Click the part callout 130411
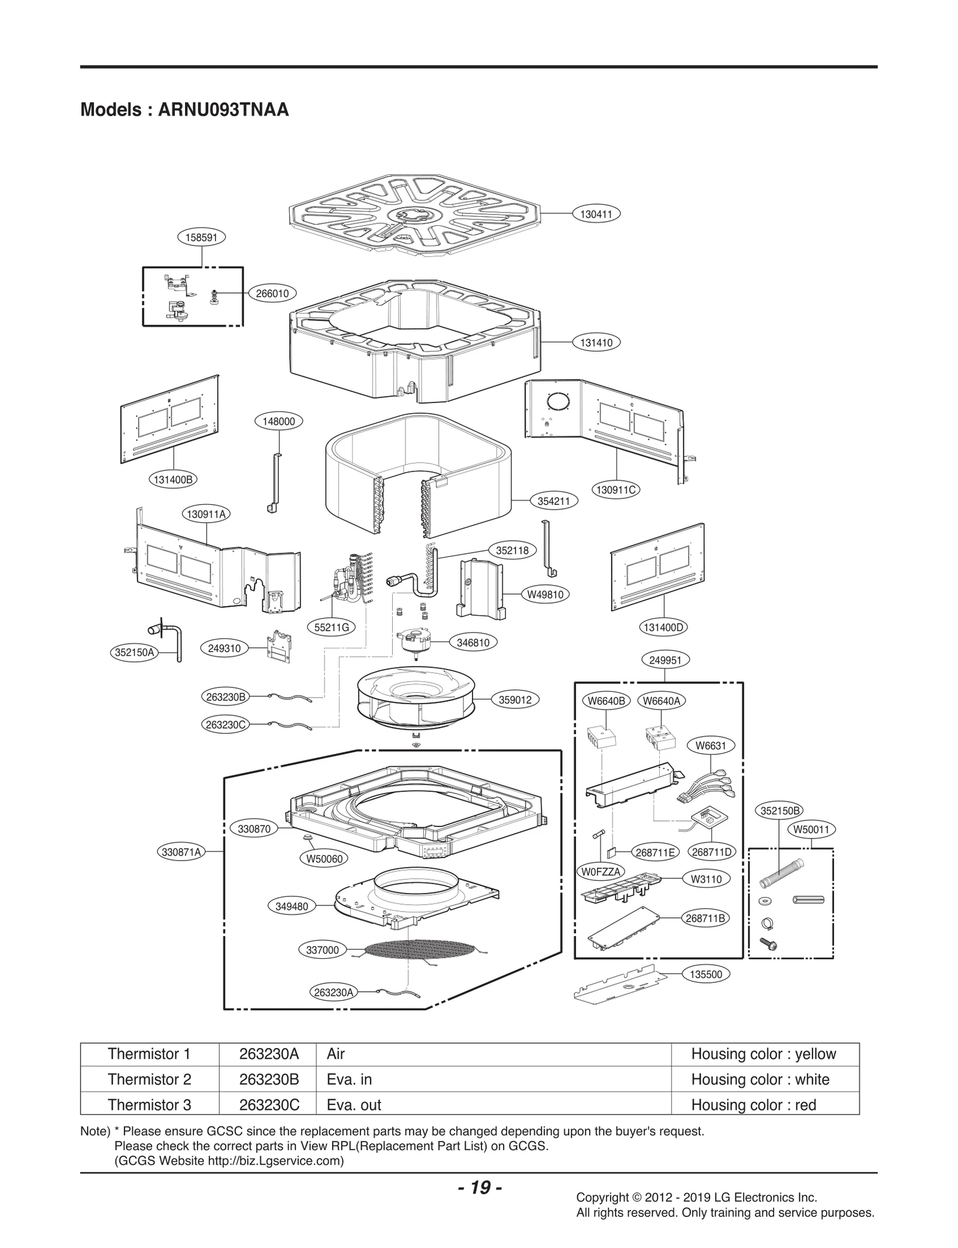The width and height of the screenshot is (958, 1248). coord(596,214)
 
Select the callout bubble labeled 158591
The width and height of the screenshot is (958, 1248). coord(202,237)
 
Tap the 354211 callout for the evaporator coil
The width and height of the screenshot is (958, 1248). coord(553,501)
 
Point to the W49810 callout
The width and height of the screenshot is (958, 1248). coord(545,595)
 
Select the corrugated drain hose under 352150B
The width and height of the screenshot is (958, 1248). coord(782,873)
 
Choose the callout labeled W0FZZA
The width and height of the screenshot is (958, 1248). coord(601,871)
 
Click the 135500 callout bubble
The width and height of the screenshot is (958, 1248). coord(705,974)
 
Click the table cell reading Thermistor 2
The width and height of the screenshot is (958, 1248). coord(149,1079)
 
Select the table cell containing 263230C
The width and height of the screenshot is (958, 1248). coord(269,1105)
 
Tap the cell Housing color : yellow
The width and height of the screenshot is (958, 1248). coord(763,1054)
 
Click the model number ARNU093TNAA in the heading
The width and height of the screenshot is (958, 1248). coord(223,110)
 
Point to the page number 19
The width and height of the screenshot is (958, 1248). coord(480,1188)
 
